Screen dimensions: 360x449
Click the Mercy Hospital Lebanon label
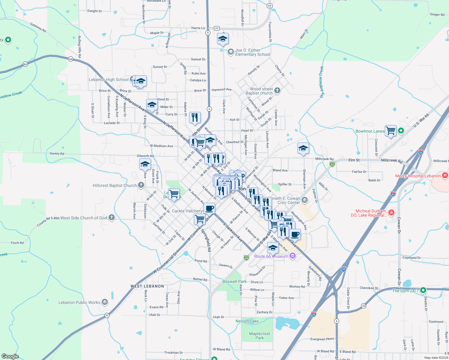coord(418,176)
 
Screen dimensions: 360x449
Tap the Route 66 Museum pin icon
coord(293,256)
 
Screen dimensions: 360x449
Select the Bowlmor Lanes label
coord(370,131)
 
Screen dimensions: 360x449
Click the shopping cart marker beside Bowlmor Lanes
coord(390,131)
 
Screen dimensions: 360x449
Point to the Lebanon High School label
coord(109,79)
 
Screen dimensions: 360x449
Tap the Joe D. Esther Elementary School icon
coord(231,52)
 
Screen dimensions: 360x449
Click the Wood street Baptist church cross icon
coord(277,90)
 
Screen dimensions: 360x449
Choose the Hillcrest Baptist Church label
coord(114,185)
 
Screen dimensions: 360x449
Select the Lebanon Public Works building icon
coord(105,302)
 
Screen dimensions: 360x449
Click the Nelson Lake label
coord(247,321)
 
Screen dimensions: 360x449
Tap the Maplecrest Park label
coord(260,336)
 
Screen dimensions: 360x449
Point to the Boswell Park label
coord(234,281)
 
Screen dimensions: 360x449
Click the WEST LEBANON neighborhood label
coord(147,286)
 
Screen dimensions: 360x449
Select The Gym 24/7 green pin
coord(423,290)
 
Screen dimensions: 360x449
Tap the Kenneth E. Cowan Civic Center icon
coord(305,200)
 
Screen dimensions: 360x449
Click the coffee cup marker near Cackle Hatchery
coord(209,208)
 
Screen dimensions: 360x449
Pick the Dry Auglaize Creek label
coord(321,82)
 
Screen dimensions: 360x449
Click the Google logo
coord(10,356)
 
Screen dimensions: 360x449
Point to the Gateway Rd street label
coord(38,27)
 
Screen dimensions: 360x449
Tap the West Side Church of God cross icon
coord(112,217)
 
